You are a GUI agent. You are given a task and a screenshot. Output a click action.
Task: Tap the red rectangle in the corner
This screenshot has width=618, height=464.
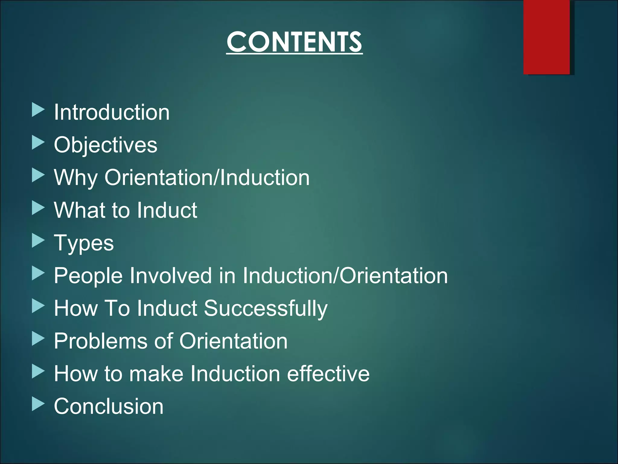coord(546,37)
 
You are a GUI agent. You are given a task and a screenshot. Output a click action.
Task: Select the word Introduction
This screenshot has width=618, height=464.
coord(112,112)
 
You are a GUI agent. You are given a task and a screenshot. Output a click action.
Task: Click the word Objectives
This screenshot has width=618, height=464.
coord(105,145)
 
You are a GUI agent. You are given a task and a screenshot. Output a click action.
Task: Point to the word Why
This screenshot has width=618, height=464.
coord(76,178)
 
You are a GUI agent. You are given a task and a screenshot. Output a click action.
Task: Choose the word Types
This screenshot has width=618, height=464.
coord(84,243)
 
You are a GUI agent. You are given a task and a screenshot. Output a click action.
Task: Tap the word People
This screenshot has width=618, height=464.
coord(88,276)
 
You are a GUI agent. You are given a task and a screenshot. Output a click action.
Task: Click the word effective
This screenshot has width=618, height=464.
coord(328,374)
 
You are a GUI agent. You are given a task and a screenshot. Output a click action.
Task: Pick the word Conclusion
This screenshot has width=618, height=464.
coord(108,406)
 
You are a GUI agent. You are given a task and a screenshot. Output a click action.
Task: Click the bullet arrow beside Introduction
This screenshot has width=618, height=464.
coord(38,110)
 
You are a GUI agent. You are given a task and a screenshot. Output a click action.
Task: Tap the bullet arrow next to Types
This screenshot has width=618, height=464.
coord(38,241)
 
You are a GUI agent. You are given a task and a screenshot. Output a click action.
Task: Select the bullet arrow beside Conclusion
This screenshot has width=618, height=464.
coord(38,404)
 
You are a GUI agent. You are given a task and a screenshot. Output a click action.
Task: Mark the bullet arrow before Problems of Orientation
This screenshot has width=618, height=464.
coord(38,339)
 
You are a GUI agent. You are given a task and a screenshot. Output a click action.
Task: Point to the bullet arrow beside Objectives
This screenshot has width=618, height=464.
coord(38,143)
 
